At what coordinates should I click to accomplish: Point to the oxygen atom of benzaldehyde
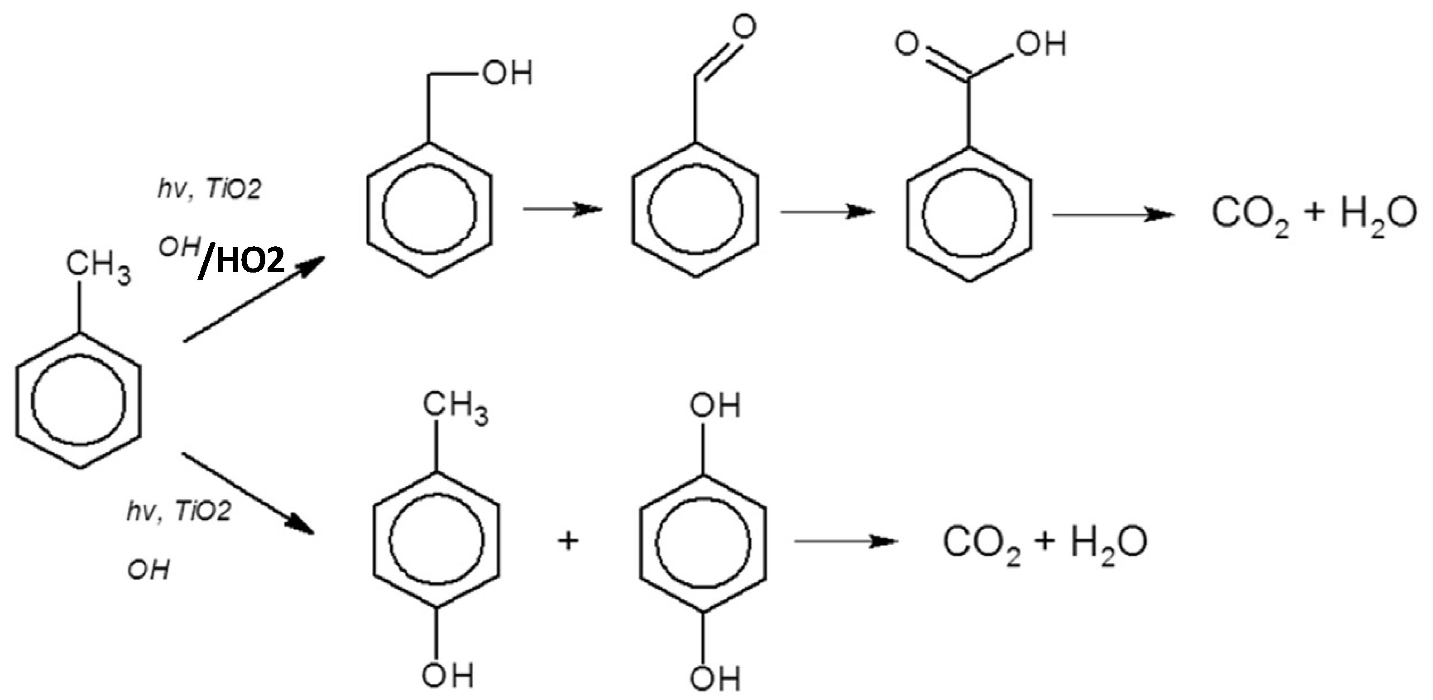(744, 27)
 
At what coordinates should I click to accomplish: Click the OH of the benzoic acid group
(1040, 43)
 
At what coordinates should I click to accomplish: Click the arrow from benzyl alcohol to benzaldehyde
(563, 209)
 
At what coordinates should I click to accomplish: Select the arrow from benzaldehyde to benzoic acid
(827, 212)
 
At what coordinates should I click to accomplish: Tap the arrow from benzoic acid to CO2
(1112, 215)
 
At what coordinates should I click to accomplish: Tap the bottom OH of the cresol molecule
(448, 676)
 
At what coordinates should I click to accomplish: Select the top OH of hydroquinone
(715, 406)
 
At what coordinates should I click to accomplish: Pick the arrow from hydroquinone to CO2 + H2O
(846, 541)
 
